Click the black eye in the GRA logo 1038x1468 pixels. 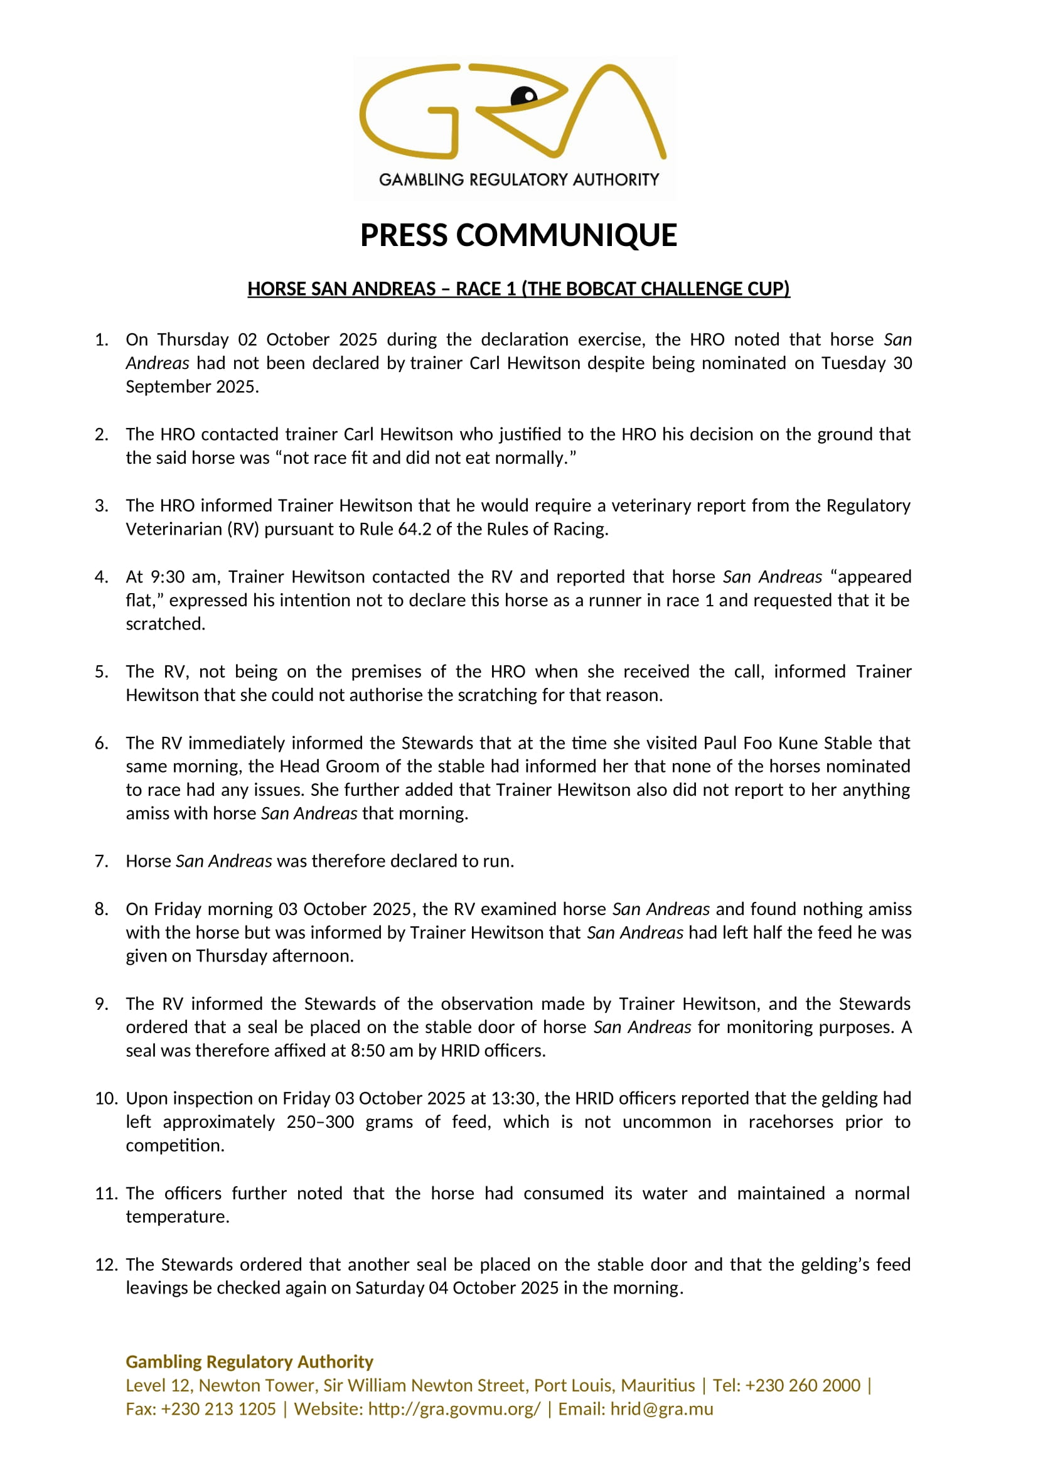(525, 95)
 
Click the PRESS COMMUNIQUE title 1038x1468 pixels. (518, 235)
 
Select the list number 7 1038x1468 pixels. (102, 861)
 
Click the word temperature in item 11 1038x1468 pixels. (177, 1217)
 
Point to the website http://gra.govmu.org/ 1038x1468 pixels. (454, 1409)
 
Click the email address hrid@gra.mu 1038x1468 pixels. (661, 1409)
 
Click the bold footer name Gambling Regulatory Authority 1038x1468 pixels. (249, 1362)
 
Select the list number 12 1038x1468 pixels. (105, 1265)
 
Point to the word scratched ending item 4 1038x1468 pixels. (165, 624)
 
